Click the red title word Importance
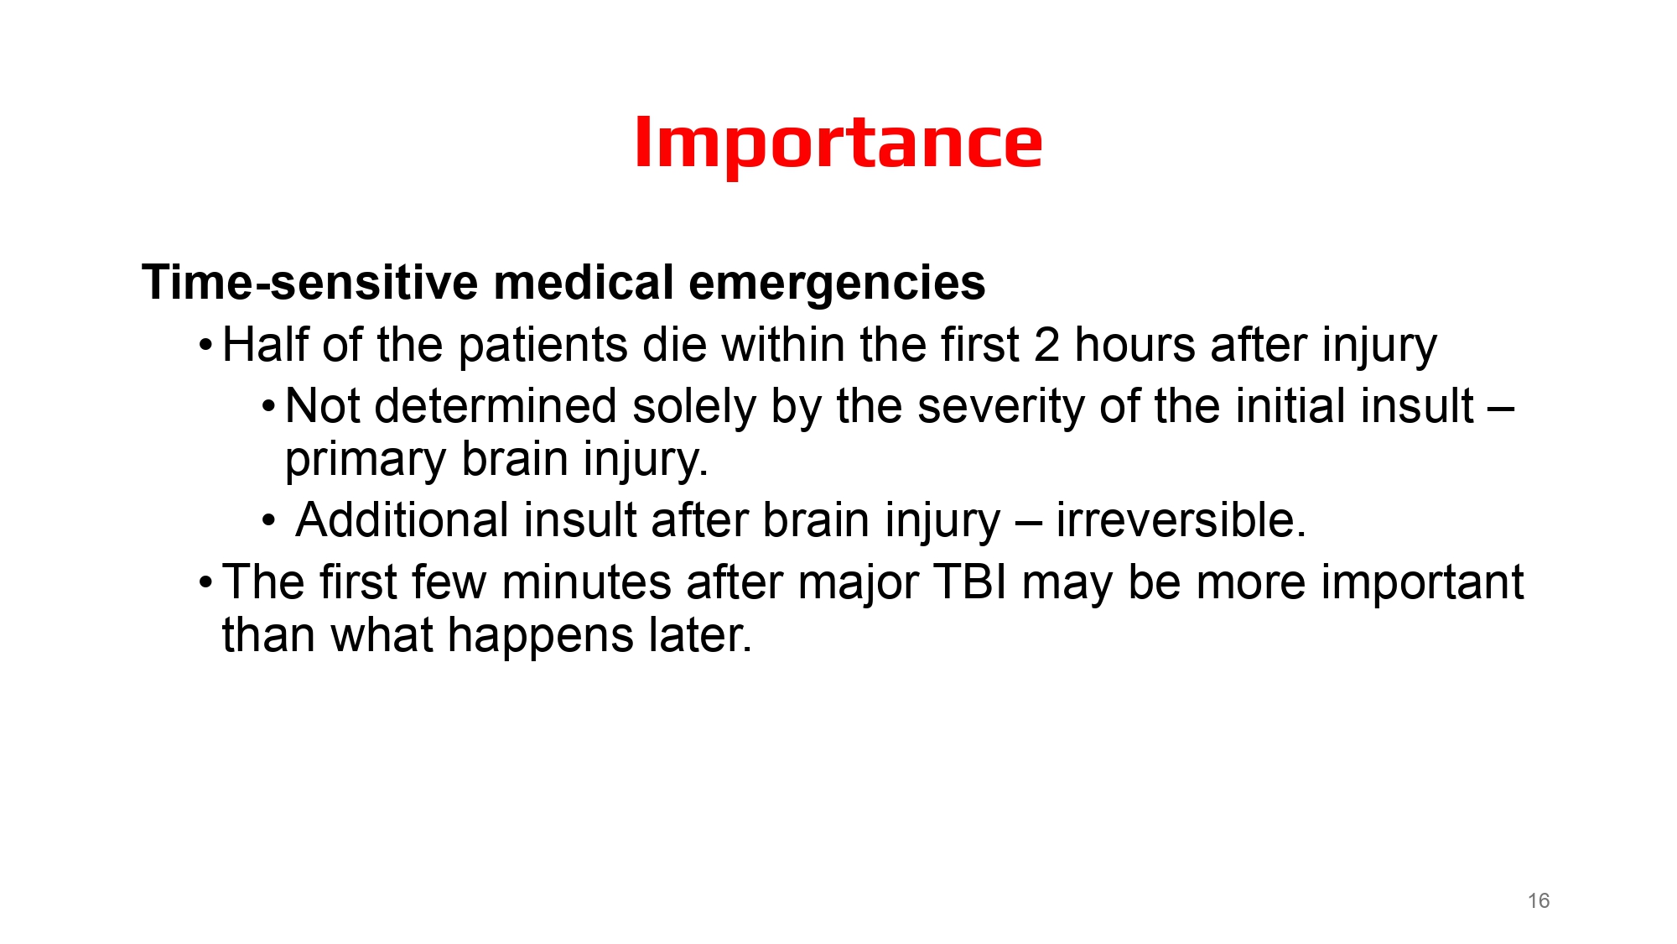coord(838,143)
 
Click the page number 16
coord(1538,900)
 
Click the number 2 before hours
coord(1046,345)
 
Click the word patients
coord(542,345)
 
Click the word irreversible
coord(1180,520)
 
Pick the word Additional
coord(402,520)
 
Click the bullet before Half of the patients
coord(205,346)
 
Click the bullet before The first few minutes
coord(205,583)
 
